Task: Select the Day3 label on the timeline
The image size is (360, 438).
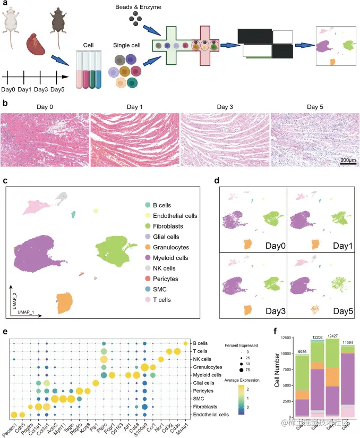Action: pyautogui.click(x=48, y=89)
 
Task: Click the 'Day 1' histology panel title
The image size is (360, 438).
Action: pyautogui.click(x=135, y=106)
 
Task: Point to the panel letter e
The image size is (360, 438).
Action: pyautogui.click(x=5, y=332)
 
